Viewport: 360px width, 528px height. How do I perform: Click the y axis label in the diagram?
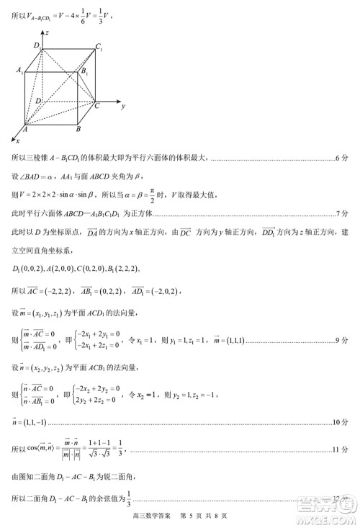[124, 105]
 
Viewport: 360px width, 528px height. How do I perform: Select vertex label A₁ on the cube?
[20, 71]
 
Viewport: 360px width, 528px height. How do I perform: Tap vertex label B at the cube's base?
[78, 129]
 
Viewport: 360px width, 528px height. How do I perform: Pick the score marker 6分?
[343, 158]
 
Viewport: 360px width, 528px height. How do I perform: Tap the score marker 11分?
[341, 450]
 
